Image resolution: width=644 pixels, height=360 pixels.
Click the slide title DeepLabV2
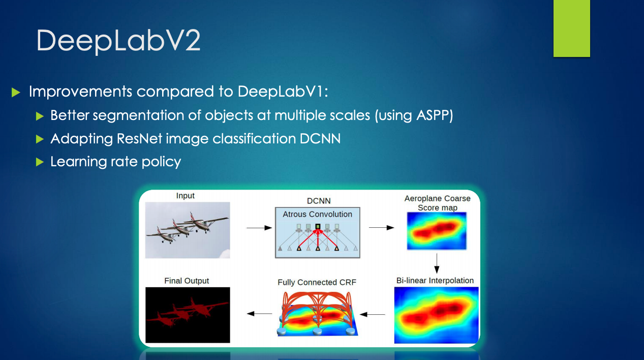click(118, 41)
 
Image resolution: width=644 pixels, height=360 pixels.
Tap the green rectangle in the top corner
click(571, 28)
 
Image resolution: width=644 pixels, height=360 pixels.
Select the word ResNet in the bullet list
click(139, 139)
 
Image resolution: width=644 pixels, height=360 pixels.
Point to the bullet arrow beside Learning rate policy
click(40, 162)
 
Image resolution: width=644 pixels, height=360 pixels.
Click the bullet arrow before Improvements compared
click(16, 93)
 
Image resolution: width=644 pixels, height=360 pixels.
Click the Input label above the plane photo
click(185, 196)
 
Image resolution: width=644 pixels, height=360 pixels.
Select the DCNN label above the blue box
click(319, 201)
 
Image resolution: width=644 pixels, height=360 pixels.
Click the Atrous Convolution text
click(317, 214)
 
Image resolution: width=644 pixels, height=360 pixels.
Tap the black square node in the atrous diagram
click(318, 227)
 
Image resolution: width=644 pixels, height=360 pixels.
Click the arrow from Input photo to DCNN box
click(259, 228)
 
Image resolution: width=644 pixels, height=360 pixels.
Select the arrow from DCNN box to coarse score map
click(381, 228)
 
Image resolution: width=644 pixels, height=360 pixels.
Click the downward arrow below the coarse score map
click(437, 263)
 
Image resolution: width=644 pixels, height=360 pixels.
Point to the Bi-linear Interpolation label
click(435, 281)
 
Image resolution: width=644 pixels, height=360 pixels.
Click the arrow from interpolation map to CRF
click(372, 314)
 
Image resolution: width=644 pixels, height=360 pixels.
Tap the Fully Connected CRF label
click(317, 282)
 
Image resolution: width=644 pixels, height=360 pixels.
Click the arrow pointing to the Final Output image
click(259, 313)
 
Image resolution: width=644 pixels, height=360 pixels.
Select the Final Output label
click(187, 281)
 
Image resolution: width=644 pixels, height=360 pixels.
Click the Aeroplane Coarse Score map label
click(437, 203)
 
